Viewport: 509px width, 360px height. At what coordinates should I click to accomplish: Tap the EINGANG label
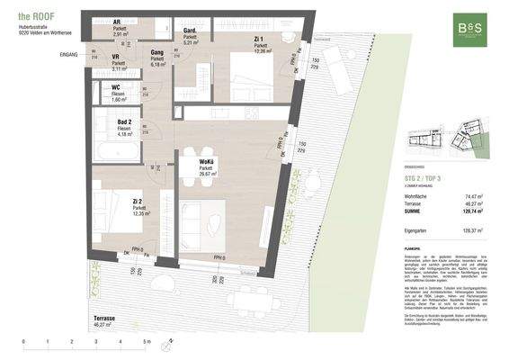68,55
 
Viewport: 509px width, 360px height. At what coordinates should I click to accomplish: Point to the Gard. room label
189,32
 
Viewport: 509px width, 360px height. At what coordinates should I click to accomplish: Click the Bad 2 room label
124,126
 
